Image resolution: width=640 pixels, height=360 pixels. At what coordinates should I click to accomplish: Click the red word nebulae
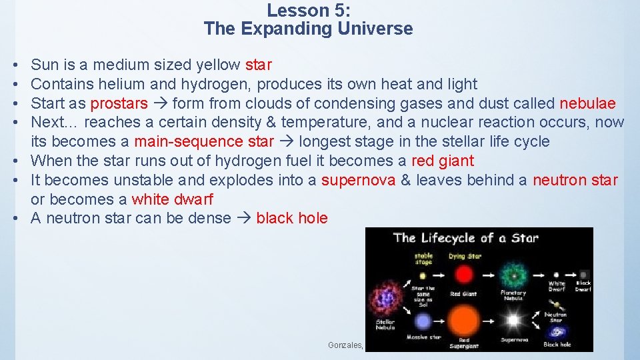587,103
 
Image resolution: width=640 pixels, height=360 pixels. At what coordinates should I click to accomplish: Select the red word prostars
119,103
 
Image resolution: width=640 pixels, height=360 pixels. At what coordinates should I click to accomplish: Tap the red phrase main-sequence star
204,141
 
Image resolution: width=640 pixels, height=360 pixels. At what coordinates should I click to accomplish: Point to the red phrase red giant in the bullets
443,161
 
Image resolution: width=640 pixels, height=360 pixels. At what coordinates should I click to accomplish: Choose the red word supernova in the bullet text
359,180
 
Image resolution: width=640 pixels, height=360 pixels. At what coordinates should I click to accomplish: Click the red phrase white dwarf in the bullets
172,199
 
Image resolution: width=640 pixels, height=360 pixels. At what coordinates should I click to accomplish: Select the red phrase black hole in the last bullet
292,218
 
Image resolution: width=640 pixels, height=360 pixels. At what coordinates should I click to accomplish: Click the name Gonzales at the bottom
345,345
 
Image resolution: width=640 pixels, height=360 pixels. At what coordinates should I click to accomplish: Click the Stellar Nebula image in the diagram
385,297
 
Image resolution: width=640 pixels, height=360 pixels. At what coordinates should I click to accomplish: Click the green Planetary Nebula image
513,275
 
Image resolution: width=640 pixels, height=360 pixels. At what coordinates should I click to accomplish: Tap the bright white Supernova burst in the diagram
513,321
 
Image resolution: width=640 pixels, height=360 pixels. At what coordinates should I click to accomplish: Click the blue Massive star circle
422,321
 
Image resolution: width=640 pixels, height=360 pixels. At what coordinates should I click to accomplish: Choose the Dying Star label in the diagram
465,255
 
